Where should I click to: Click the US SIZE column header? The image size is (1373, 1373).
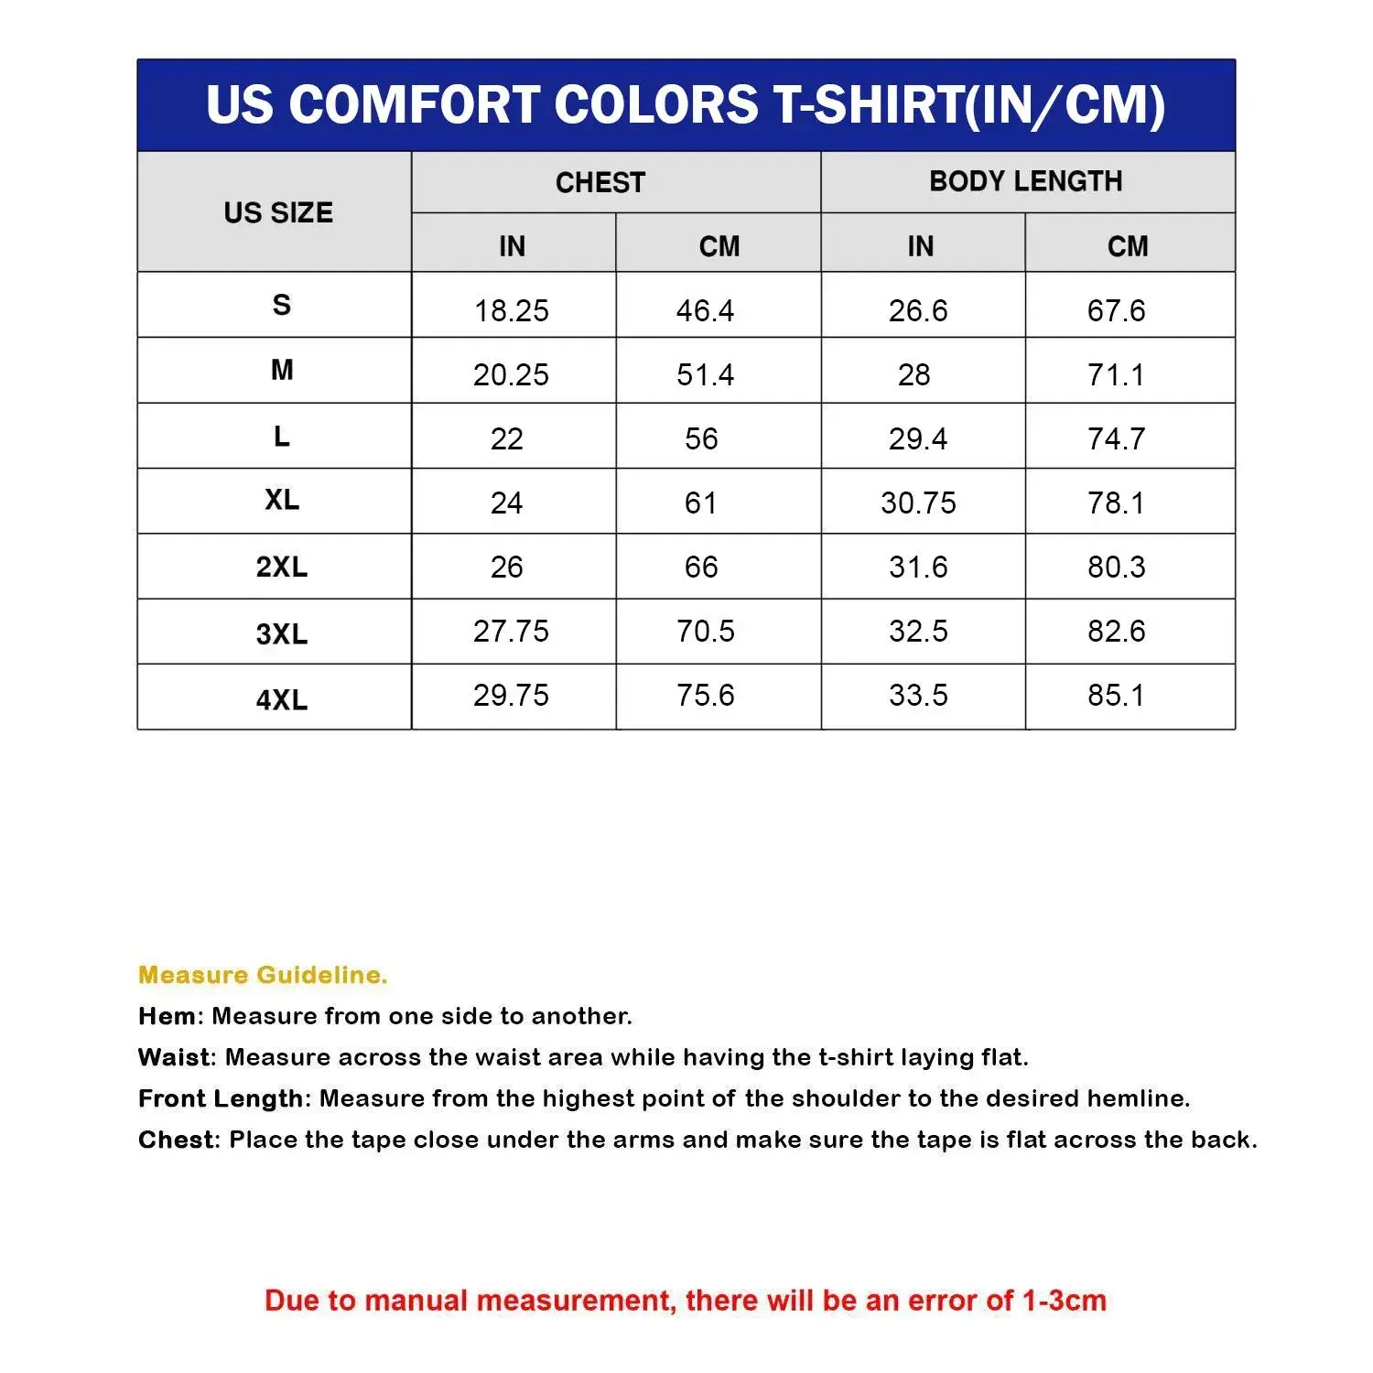[278, 212]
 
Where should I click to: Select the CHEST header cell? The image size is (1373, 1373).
[600, 182]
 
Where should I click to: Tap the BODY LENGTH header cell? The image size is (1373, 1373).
[1025, 181]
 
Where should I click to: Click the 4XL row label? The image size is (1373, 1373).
[282, 699]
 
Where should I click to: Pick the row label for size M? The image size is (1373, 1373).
[282, 371]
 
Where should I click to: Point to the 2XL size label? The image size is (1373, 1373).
[282, 568]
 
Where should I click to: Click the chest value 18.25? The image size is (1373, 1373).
[511, 311]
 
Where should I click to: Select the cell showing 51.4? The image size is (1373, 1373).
[705, 375]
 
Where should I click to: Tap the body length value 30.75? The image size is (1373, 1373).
[918, 503]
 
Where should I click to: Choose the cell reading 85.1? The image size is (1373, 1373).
[1116, 696]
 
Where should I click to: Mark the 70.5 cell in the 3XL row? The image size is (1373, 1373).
[705, 632]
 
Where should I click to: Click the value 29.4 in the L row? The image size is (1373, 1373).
[918, 439]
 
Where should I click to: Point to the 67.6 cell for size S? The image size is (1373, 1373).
[1116, 311]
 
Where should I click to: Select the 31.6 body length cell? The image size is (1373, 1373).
[918, 568]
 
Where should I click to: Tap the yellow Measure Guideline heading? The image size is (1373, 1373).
[263, 975]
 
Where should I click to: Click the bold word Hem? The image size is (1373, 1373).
[167, 1016]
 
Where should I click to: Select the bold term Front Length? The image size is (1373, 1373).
[220, 1098]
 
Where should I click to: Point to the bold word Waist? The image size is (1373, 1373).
[174, 1057]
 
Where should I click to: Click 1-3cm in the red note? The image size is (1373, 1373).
[1064, 1301]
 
